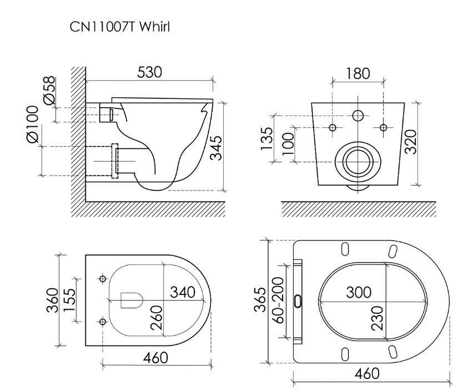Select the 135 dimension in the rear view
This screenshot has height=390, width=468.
268,139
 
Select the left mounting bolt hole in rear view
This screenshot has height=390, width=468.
333,128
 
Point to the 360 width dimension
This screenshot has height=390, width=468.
52,301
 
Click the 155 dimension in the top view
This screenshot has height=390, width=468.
70,301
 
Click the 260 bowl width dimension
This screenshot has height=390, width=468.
157,317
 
